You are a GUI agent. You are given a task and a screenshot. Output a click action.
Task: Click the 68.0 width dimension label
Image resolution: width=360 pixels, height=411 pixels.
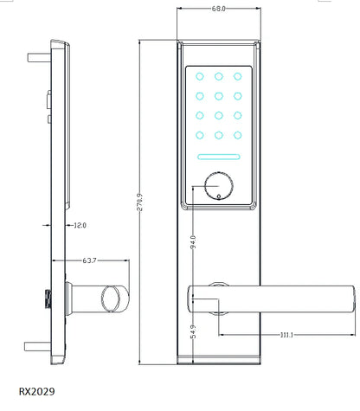[x=218, y=9]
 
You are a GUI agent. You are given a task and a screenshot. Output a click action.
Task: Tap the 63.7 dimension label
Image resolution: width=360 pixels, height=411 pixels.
[x=87, y=260]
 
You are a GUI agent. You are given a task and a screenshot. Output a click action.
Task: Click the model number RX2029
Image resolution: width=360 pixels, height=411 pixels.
[x=36, y=392]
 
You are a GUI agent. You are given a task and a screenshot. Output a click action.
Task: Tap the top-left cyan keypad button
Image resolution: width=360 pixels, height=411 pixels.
[x=200, y=75]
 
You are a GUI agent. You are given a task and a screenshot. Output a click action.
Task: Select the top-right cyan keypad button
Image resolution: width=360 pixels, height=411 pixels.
[x=238, y=75]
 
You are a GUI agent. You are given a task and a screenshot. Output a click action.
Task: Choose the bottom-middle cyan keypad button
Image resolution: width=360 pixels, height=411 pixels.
[x=219, y=134]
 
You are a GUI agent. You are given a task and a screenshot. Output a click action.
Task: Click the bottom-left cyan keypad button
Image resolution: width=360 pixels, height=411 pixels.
[x=200, y=134]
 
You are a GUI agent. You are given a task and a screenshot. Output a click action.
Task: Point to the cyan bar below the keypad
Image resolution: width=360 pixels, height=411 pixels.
[x=219, y=158]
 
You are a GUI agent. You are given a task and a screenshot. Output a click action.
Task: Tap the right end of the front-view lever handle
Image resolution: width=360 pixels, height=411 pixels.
[x=350, y=297]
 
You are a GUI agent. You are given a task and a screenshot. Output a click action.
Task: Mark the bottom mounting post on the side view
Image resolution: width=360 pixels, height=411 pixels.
[x=38, y=349]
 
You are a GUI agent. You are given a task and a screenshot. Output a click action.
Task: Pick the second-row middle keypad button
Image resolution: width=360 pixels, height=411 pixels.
[x=219, y=95]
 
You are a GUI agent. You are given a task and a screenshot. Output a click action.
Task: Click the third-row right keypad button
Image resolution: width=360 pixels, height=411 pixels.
[x=238, y=114]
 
